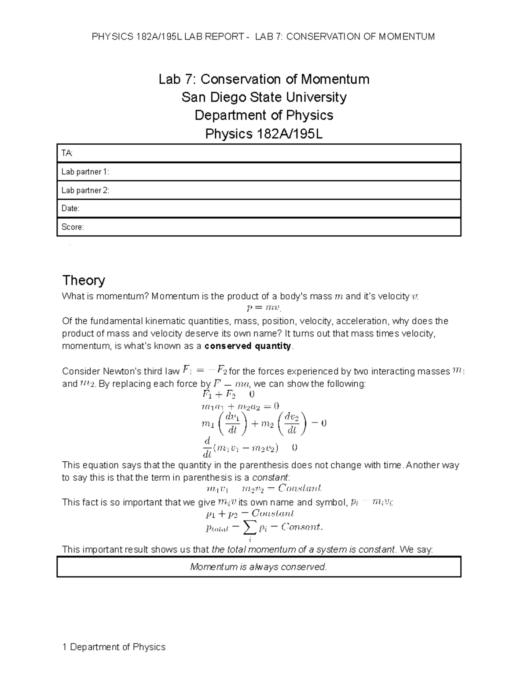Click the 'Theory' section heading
pos(84,280)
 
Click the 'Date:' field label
pos(71,208)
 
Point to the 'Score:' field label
pos(73,227)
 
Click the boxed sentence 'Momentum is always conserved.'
pos(259,567)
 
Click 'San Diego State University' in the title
pos(264,97)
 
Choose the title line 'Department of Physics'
pos(264,115)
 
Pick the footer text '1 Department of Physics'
pos(114,647)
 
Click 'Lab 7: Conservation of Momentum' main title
pos(264,79)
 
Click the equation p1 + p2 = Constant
pos(249,513)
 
